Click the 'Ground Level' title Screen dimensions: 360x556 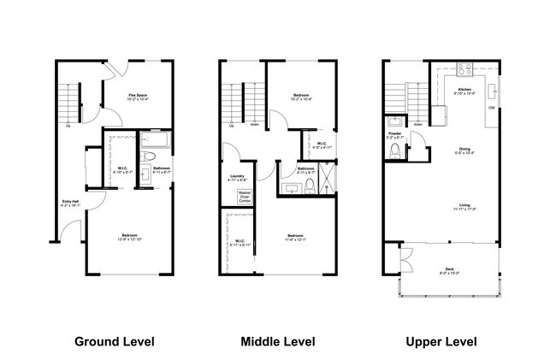[115, 342]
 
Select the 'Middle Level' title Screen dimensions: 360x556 [277, 342]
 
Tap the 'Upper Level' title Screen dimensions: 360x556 [441, 342]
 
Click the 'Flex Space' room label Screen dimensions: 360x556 [139, 95]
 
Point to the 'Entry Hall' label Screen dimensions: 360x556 [70, 203]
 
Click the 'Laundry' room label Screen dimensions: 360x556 [238, 177]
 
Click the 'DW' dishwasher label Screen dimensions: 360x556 [492, 108]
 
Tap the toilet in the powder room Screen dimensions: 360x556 [394, 151]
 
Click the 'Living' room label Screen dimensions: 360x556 [465, 205]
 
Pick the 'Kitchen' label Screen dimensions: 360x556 [464, 89]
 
